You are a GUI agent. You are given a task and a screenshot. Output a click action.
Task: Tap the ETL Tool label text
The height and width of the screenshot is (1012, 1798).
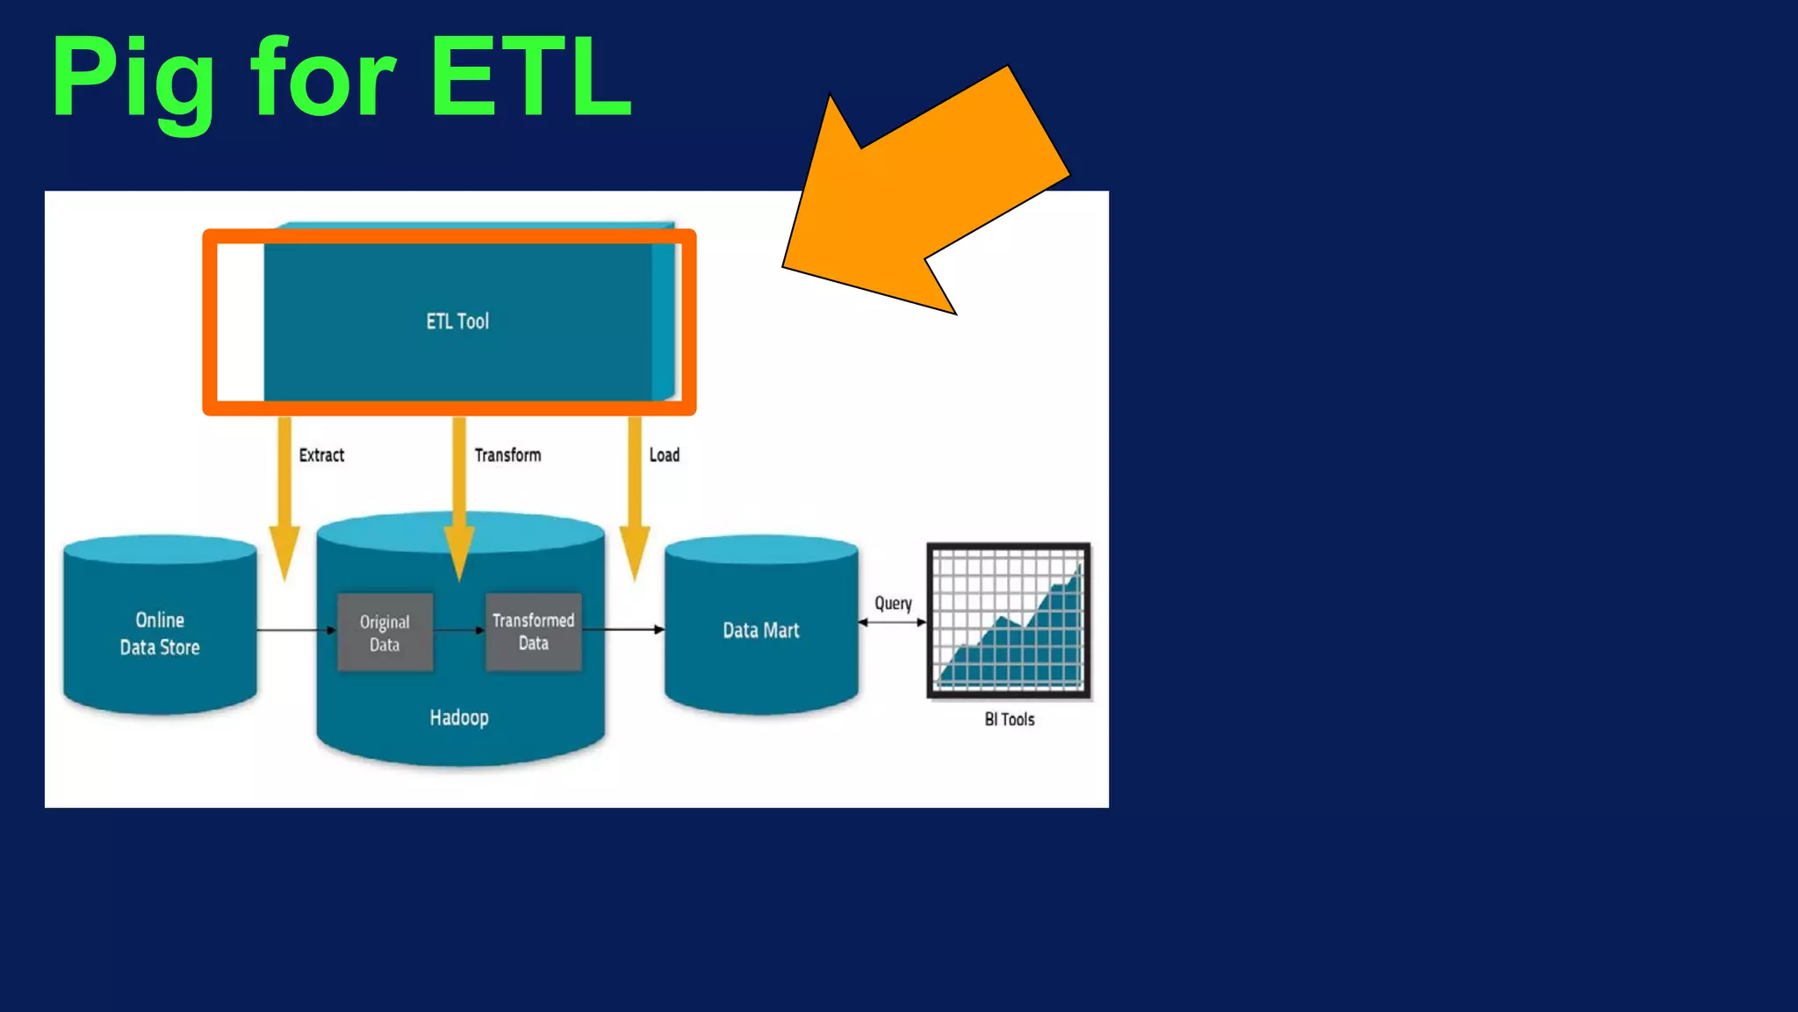[457, 322]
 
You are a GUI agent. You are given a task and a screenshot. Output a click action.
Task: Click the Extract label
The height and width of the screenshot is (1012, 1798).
[321, 455]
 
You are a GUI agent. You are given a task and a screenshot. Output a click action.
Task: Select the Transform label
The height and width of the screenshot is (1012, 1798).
[507, 455]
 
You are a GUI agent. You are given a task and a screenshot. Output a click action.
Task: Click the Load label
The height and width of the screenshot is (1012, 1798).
[664, 455]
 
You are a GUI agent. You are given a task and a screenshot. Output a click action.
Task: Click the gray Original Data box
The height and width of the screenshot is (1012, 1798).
[385, 632]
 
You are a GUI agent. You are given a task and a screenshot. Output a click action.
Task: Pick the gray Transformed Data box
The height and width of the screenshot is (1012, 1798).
[533, 632]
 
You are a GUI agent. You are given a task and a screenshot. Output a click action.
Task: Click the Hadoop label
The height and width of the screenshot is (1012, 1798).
[459, 718]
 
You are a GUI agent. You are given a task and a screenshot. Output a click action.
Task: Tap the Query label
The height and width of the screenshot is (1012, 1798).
[893, 604]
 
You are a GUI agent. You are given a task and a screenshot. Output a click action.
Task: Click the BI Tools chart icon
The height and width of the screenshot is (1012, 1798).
[1009, 621]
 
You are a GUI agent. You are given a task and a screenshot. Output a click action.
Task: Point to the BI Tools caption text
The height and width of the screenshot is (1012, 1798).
[1009, 719]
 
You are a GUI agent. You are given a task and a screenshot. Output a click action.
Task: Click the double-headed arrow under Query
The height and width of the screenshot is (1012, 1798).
[892, 622]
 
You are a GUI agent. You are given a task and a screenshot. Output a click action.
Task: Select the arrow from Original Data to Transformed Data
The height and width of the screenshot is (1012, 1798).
[459, 630]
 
